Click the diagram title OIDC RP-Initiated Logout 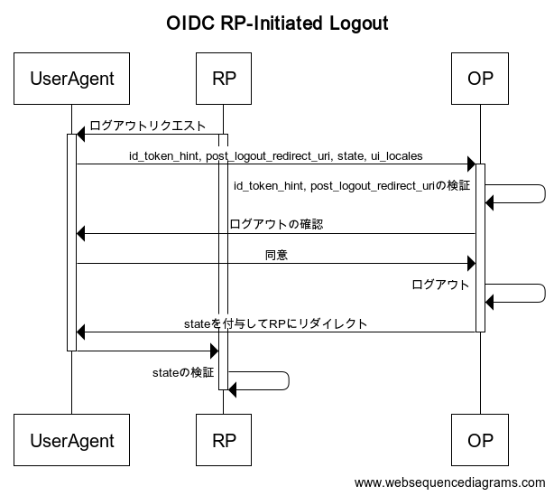[277, 23]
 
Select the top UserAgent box [71, 79]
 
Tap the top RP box [224, 79]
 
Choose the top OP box [480, 79]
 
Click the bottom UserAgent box [71, 440]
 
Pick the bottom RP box [224, 440]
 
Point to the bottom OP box [480, 440]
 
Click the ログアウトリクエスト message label [148, 126]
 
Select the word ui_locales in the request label [396, 156]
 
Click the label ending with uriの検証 [352, 186]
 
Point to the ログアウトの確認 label [276, 224]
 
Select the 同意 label [276, 255]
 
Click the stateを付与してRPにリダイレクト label [275, 323]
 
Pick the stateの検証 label [183, 372]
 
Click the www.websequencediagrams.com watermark [449, 483]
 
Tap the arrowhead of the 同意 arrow [471, 264]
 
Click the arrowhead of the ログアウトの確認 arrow [81, 233]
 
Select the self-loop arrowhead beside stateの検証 [232, 390]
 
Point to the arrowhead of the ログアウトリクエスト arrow [81, 134]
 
